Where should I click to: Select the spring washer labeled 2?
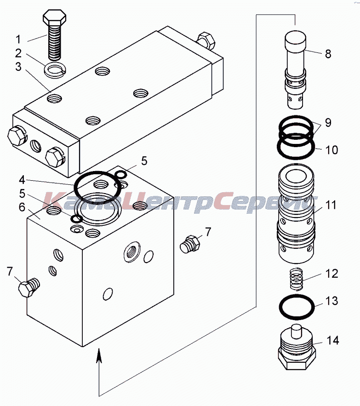(54, 70)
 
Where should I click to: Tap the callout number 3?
(18, 67)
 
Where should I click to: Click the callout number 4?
(23, 178)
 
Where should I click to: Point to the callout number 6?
(22, 207)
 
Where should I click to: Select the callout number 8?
(328, 54)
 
